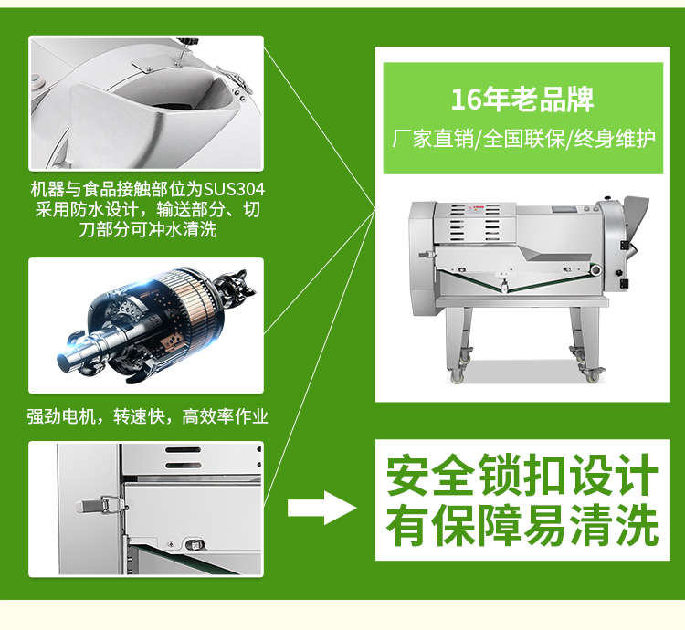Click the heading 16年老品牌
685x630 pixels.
pos(522,100)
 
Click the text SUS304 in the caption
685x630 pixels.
pos(234,190)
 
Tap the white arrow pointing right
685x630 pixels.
pos(322,508)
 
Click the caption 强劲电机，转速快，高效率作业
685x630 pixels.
pos(147,416)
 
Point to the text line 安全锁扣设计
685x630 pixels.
pos(522,475)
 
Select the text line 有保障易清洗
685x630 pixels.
pos(522,525)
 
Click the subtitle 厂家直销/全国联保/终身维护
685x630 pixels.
pos(523,139)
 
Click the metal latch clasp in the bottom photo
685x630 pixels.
pos(101,506)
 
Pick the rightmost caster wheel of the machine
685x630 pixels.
pos(593,375)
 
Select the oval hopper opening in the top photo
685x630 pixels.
pos(174,93)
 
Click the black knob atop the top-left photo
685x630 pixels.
pos(188,41)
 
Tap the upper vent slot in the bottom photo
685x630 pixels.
pos(184,450)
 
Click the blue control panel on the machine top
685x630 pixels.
pos(563,210)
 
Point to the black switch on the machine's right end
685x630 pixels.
pos(624,283)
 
